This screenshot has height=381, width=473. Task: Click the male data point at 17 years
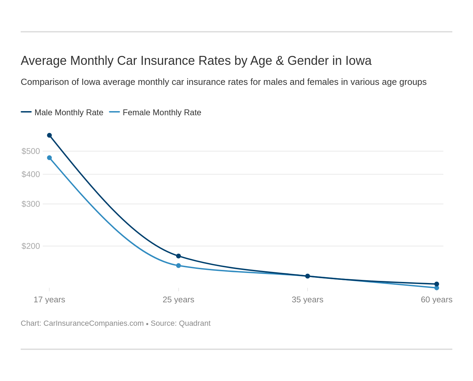click(49, 135)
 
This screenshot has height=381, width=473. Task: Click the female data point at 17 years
click(49, 158)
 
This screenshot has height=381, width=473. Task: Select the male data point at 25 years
click(179, 256)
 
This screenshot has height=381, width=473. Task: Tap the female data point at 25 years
click(179, 265)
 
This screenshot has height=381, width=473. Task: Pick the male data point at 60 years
click(436, 284)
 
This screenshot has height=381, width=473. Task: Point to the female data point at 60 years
click(436, 288)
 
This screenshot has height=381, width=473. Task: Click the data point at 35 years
click(308, 276)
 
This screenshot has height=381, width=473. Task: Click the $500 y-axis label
click(31, 151)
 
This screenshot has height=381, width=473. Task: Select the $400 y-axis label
click(31, 174)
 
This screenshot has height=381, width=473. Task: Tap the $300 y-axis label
click(31, 204)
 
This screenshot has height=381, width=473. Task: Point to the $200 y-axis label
click(31, 246)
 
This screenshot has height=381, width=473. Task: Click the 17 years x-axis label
click(49, 300)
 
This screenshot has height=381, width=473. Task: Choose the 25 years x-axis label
click(179, 300)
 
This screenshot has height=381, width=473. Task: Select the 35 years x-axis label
click(308, 300)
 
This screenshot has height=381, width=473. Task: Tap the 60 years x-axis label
click(436, 300)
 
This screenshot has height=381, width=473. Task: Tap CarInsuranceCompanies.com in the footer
click(93, 323)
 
